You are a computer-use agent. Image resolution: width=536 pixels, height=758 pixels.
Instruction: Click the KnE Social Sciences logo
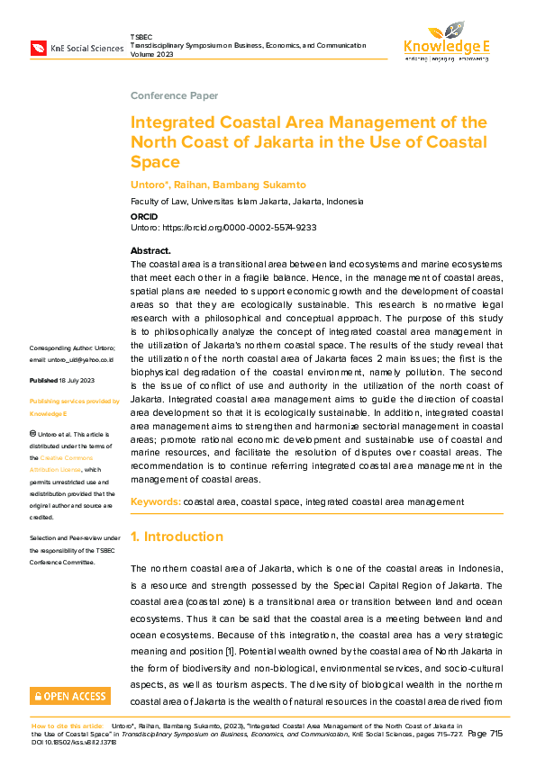pyautogui.click(x=76, y=47)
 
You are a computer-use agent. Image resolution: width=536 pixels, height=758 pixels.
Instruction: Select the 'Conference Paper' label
pyautogui.click(x=174, y=95)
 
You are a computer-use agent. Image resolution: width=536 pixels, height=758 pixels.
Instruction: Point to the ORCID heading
pyautogui.click(x=144, y=217)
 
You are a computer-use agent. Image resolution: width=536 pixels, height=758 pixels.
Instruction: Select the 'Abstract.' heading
pyautogui.click(x=150, y=250)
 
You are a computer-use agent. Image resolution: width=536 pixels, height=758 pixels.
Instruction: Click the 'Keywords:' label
pyautogui.click(x=156, y=501)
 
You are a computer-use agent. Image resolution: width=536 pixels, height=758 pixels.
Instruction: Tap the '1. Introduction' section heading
pyautogui.click(x=177, y=537)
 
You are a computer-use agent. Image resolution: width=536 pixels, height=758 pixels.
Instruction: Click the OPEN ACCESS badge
pyautogui.click(x=70, y=695)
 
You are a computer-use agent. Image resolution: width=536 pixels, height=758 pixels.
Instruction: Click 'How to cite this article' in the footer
pyautogui.click(x=68, y=724)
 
